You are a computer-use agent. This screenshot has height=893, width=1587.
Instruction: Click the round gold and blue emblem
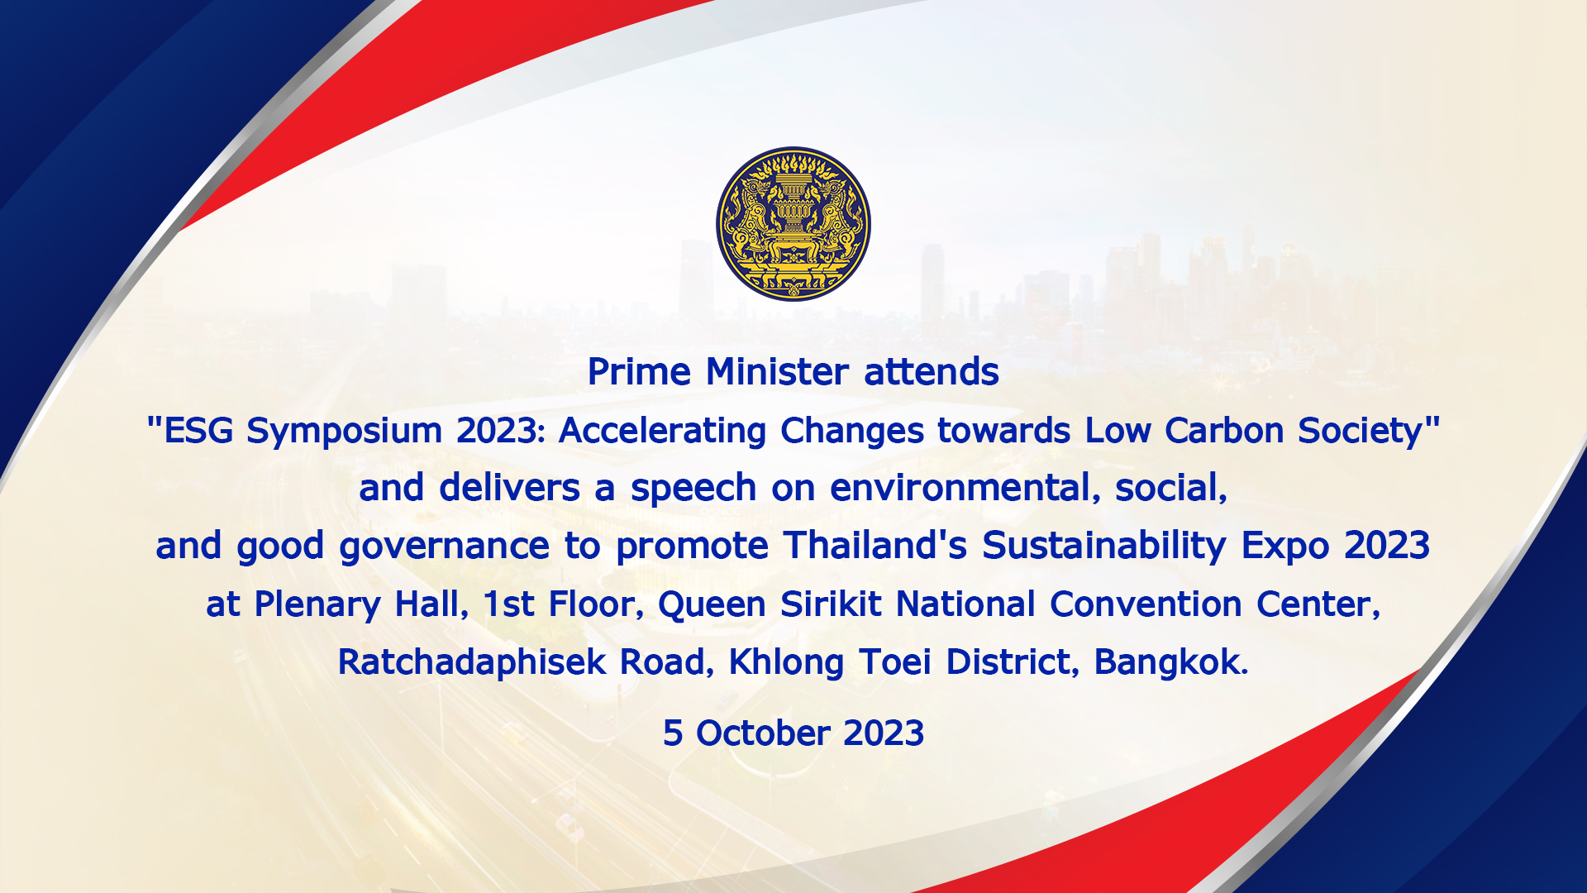[793, 224]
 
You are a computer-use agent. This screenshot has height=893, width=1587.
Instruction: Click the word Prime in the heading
[639, 372]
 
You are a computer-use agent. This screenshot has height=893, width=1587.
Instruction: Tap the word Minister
[777, 372]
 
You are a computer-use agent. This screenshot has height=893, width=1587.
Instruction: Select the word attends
[932, 372]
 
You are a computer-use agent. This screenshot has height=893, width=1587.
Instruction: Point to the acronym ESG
[198, 431]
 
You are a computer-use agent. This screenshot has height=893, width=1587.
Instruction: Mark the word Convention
[1146, 604]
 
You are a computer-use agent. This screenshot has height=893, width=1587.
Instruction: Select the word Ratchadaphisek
[472, 663]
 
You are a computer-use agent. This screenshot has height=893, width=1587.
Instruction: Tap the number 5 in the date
[673, 733]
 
